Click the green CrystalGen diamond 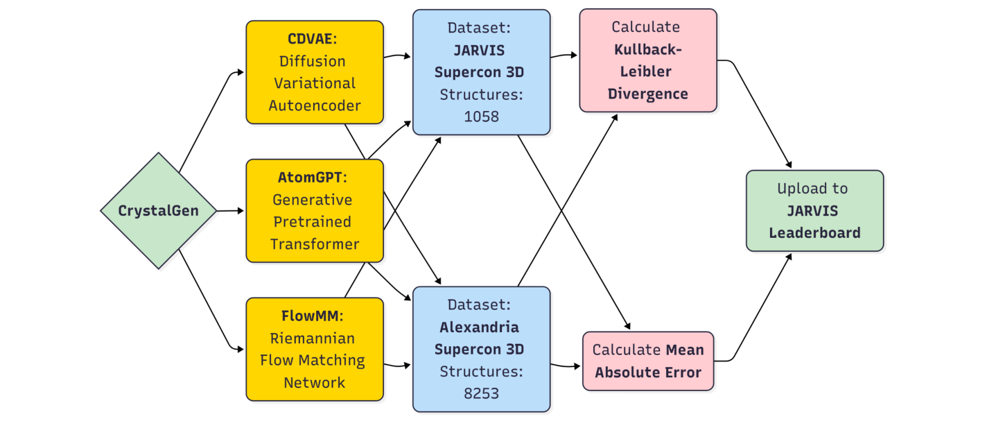[x=159, y=211]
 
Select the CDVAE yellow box [x=315, y=72]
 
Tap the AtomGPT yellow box [x=315, y=211]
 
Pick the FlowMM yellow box [x=315, y=349]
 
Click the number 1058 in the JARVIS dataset [x=481, y=117]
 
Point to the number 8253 [x=481, y=394]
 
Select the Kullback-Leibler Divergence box [x=648, y=60]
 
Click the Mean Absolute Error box [x=648, y=361]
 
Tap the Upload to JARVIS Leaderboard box [x=814, y=210]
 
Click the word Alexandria [x=479, y=327]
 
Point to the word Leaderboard [x=814, y=232]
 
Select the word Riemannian [x=313, y=339]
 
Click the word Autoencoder [x=315, y=105]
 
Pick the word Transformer [x=315, y=244]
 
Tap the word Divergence [x=648, y=94]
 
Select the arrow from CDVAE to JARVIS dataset [x=398, y=55]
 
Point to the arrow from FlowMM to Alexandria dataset [x=398, y=365]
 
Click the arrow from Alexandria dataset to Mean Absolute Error [x=566, y=365]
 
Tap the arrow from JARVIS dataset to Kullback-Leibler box [x=564, y=55]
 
